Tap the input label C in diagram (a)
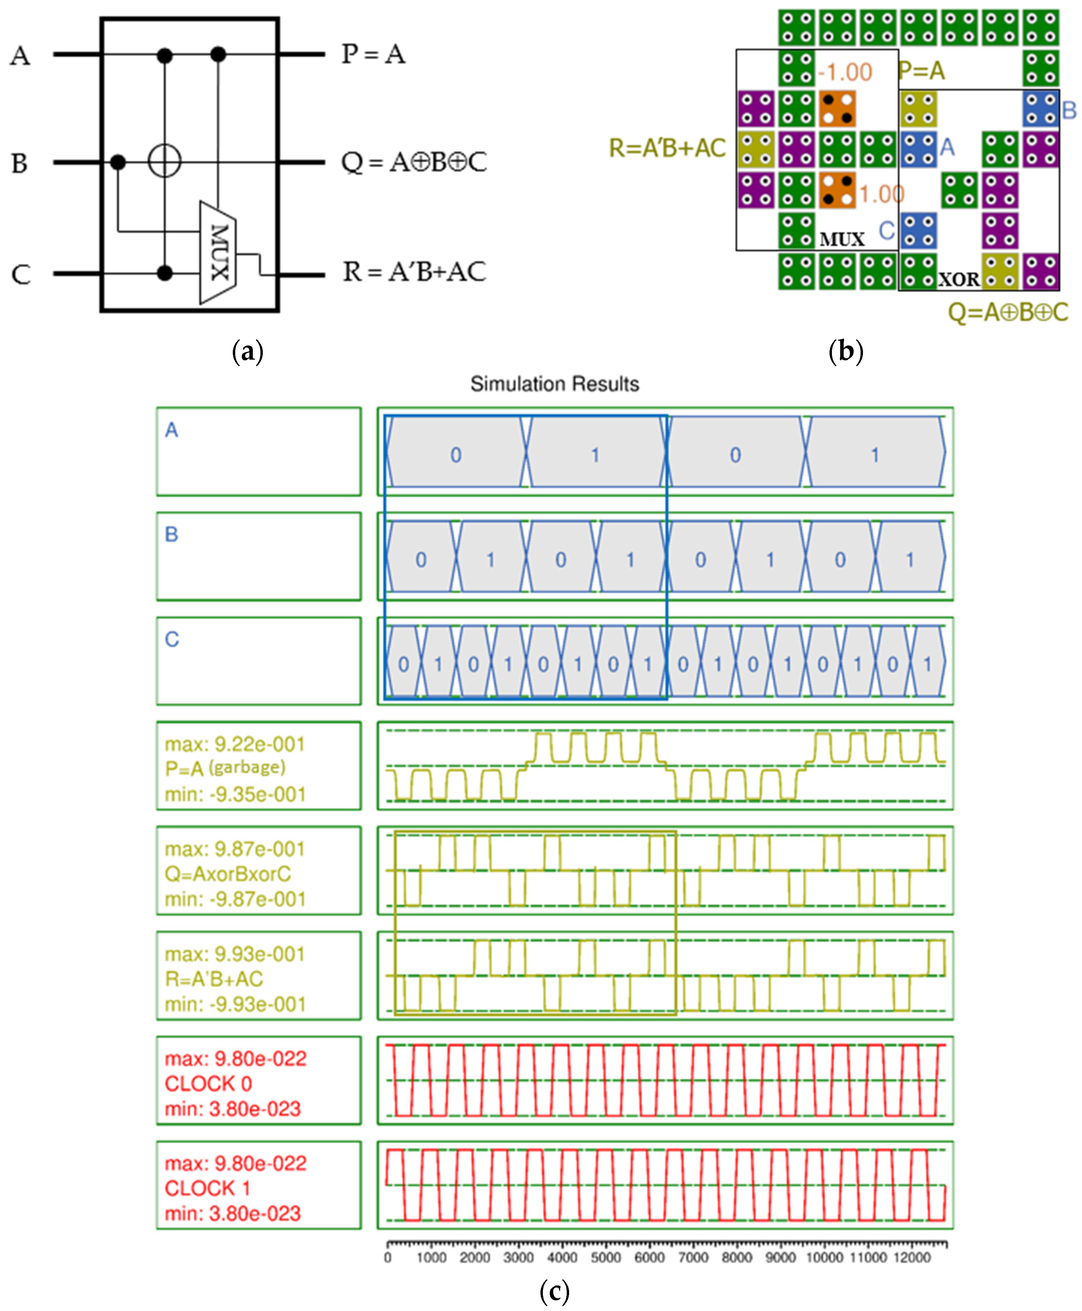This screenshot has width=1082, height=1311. coord(21,274)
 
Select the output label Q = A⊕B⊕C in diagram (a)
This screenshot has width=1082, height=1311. coord(414,162)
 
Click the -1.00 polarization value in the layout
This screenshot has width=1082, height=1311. coord(845,72)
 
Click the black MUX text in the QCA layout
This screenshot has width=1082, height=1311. coord(842,239)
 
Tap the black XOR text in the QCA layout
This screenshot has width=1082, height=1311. coord(959,279)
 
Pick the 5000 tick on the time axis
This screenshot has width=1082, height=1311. coord(606,1258)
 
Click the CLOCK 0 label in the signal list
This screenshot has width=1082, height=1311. coord(208,1083)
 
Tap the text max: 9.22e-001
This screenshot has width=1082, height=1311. coord(235,744)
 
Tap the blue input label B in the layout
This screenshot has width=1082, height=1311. coord(1069,110)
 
